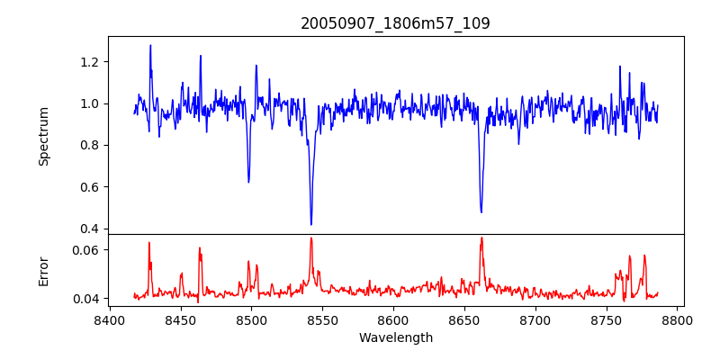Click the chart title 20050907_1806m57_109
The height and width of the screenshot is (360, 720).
pos(395,23)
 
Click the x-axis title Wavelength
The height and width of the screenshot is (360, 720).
pos(395,338)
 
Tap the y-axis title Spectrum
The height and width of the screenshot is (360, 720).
pos(43,135)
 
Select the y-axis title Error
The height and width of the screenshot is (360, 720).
pos(43,271)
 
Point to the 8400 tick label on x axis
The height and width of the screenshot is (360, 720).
pos(109,320)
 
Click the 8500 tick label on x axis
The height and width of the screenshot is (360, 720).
pos(251,320)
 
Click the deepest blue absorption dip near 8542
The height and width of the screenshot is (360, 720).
pos(311,224)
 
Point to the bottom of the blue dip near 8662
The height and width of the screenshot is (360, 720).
pos(481,212)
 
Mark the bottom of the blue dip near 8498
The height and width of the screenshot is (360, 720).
pos(248,182)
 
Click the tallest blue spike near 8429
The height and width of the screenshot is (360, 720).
pos(150,45)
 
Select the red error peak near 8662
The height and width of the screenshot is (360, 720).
pos(481,238)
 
